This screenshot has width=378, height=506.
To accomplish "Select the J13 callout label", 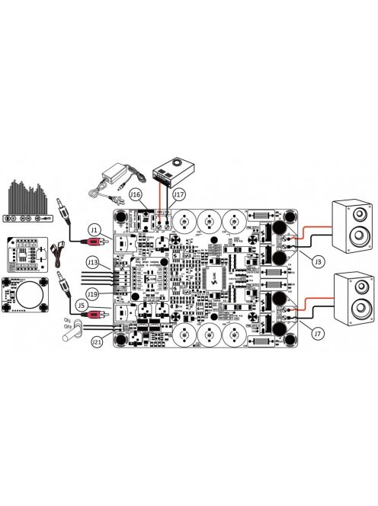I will pyautogui.click(x=93, y=263).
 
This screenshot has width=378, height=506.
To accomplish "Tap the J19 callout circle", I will pyautogui.click(x=93, y=292).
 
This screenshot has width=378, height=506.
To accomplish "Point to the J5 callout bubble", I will pyautogui.click(x=94, y=311).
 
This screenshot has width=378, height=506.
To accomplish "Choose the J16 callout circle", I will pyautogui.click(x=137, y=195).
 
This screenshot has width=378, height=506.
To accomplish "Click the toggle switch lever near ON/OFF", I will pyautogui.click(x=70, y=333).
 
